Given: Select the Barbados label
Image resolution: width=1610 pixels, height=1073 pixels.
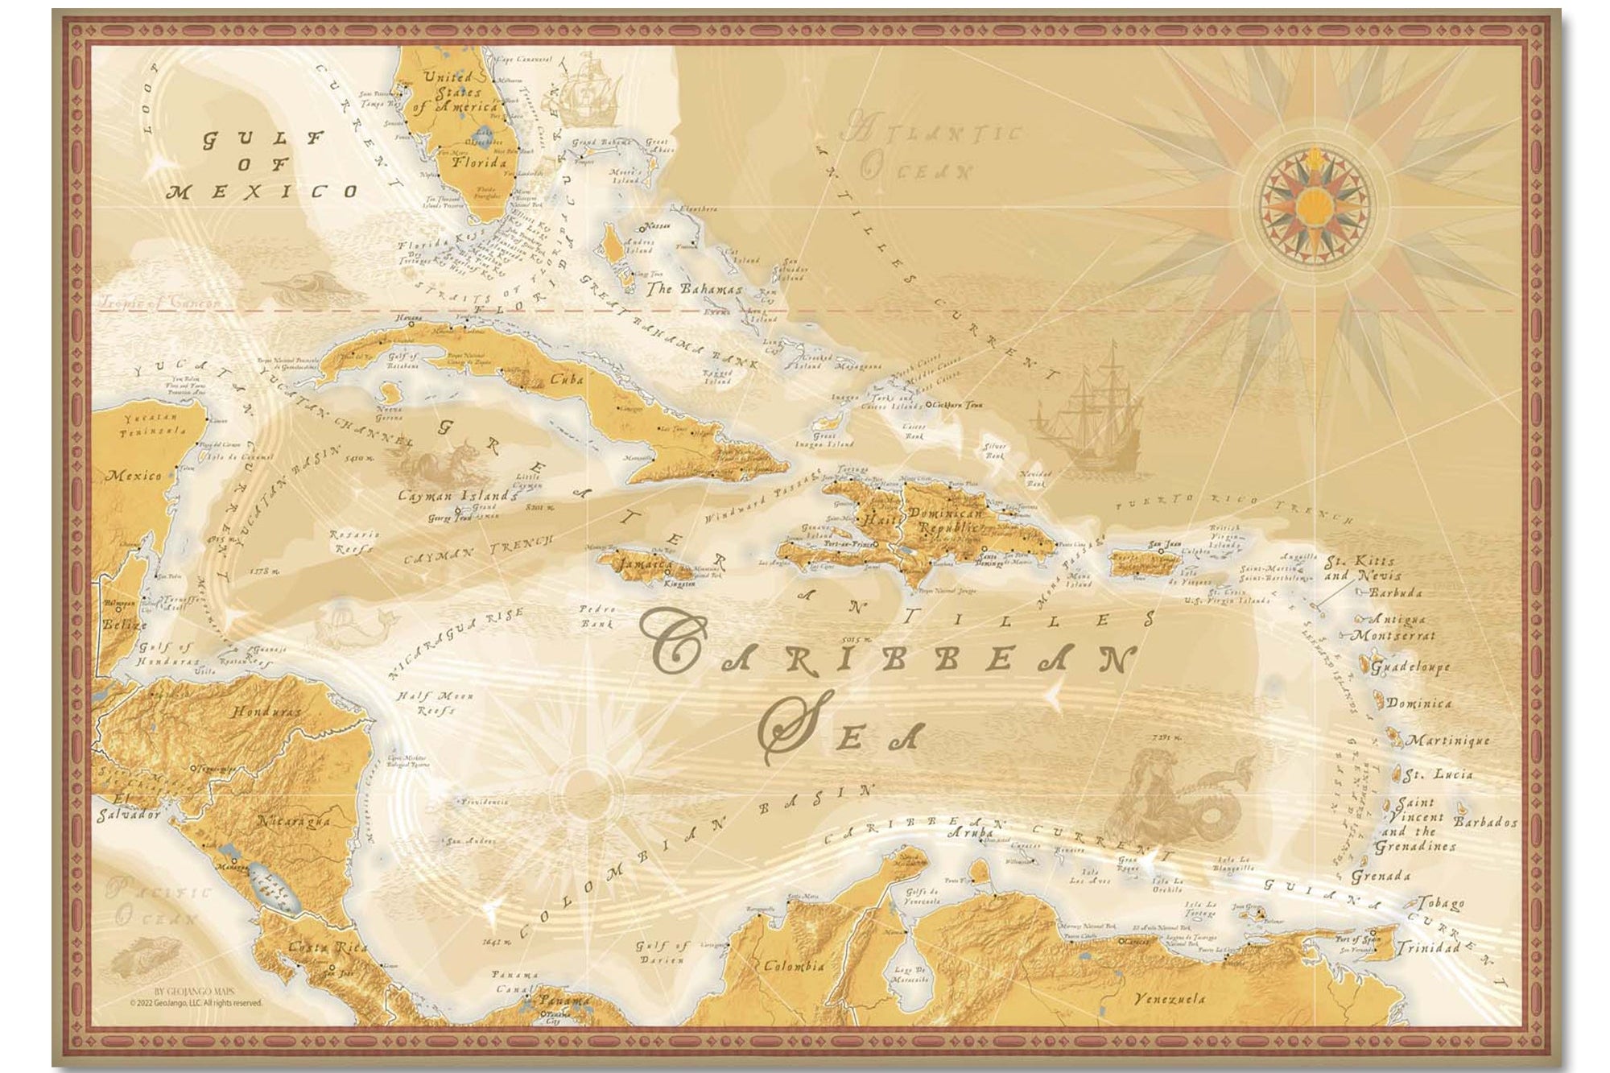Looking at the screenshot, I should (x=1485, y=823).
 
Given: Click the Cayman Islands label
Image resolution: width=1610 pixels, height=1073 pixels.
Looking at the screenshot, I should (x=456, y=496).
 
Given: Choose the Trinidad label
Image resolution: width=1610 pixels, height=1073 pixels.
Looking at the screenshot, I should (x=1427, y=948).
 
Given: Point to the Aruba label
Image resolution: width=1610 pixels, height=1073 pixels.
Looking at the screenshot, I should (x=968, y=834).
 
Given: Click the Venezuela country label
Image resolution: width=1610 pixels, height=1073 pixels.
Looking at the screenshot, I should (x=1170, y=999).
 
